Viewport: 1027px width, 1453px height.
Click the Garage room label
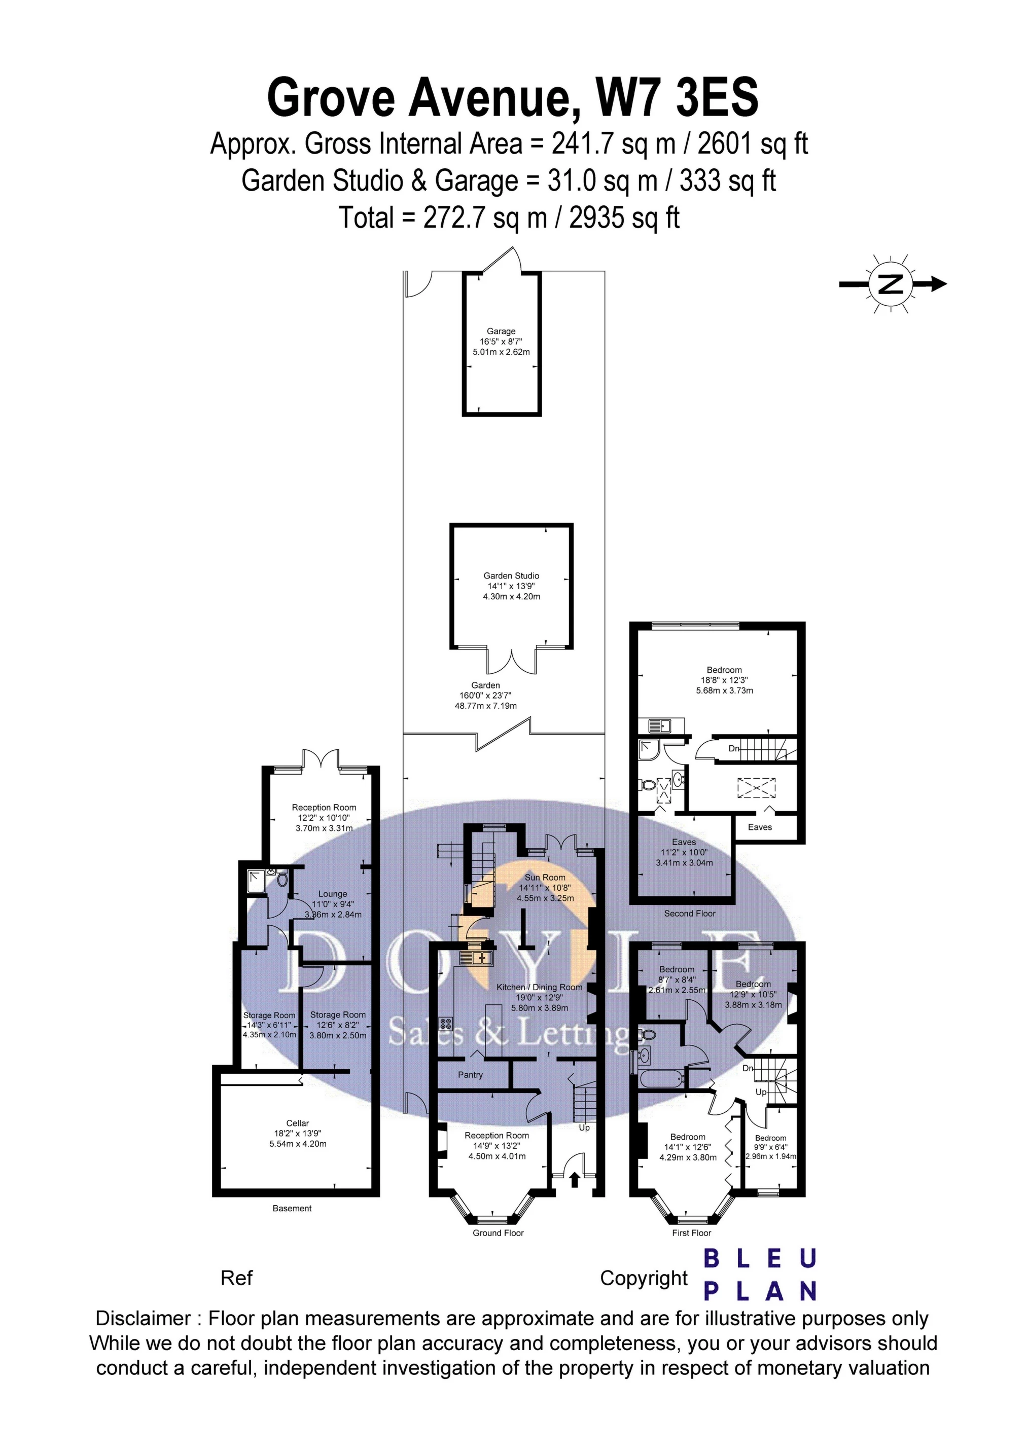point(501,331)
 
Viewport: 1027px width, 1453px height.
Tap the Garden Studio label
point(511,576)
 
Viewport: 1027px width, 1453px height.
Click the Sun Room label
point(545,877)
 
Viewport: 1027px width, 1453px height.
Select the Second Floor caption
point(690,913)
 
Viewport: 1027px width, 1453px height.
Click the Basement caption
point(292,1208)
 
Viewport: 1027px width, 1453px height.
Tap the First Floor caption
point(691,1233)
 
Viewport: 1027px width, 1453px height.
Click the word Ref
point(236,1278)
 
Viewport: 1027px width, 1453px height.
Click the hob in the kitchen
point(445,1023)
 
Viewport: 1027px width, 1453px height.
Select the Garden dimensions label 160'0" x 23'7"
point(485,695)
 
